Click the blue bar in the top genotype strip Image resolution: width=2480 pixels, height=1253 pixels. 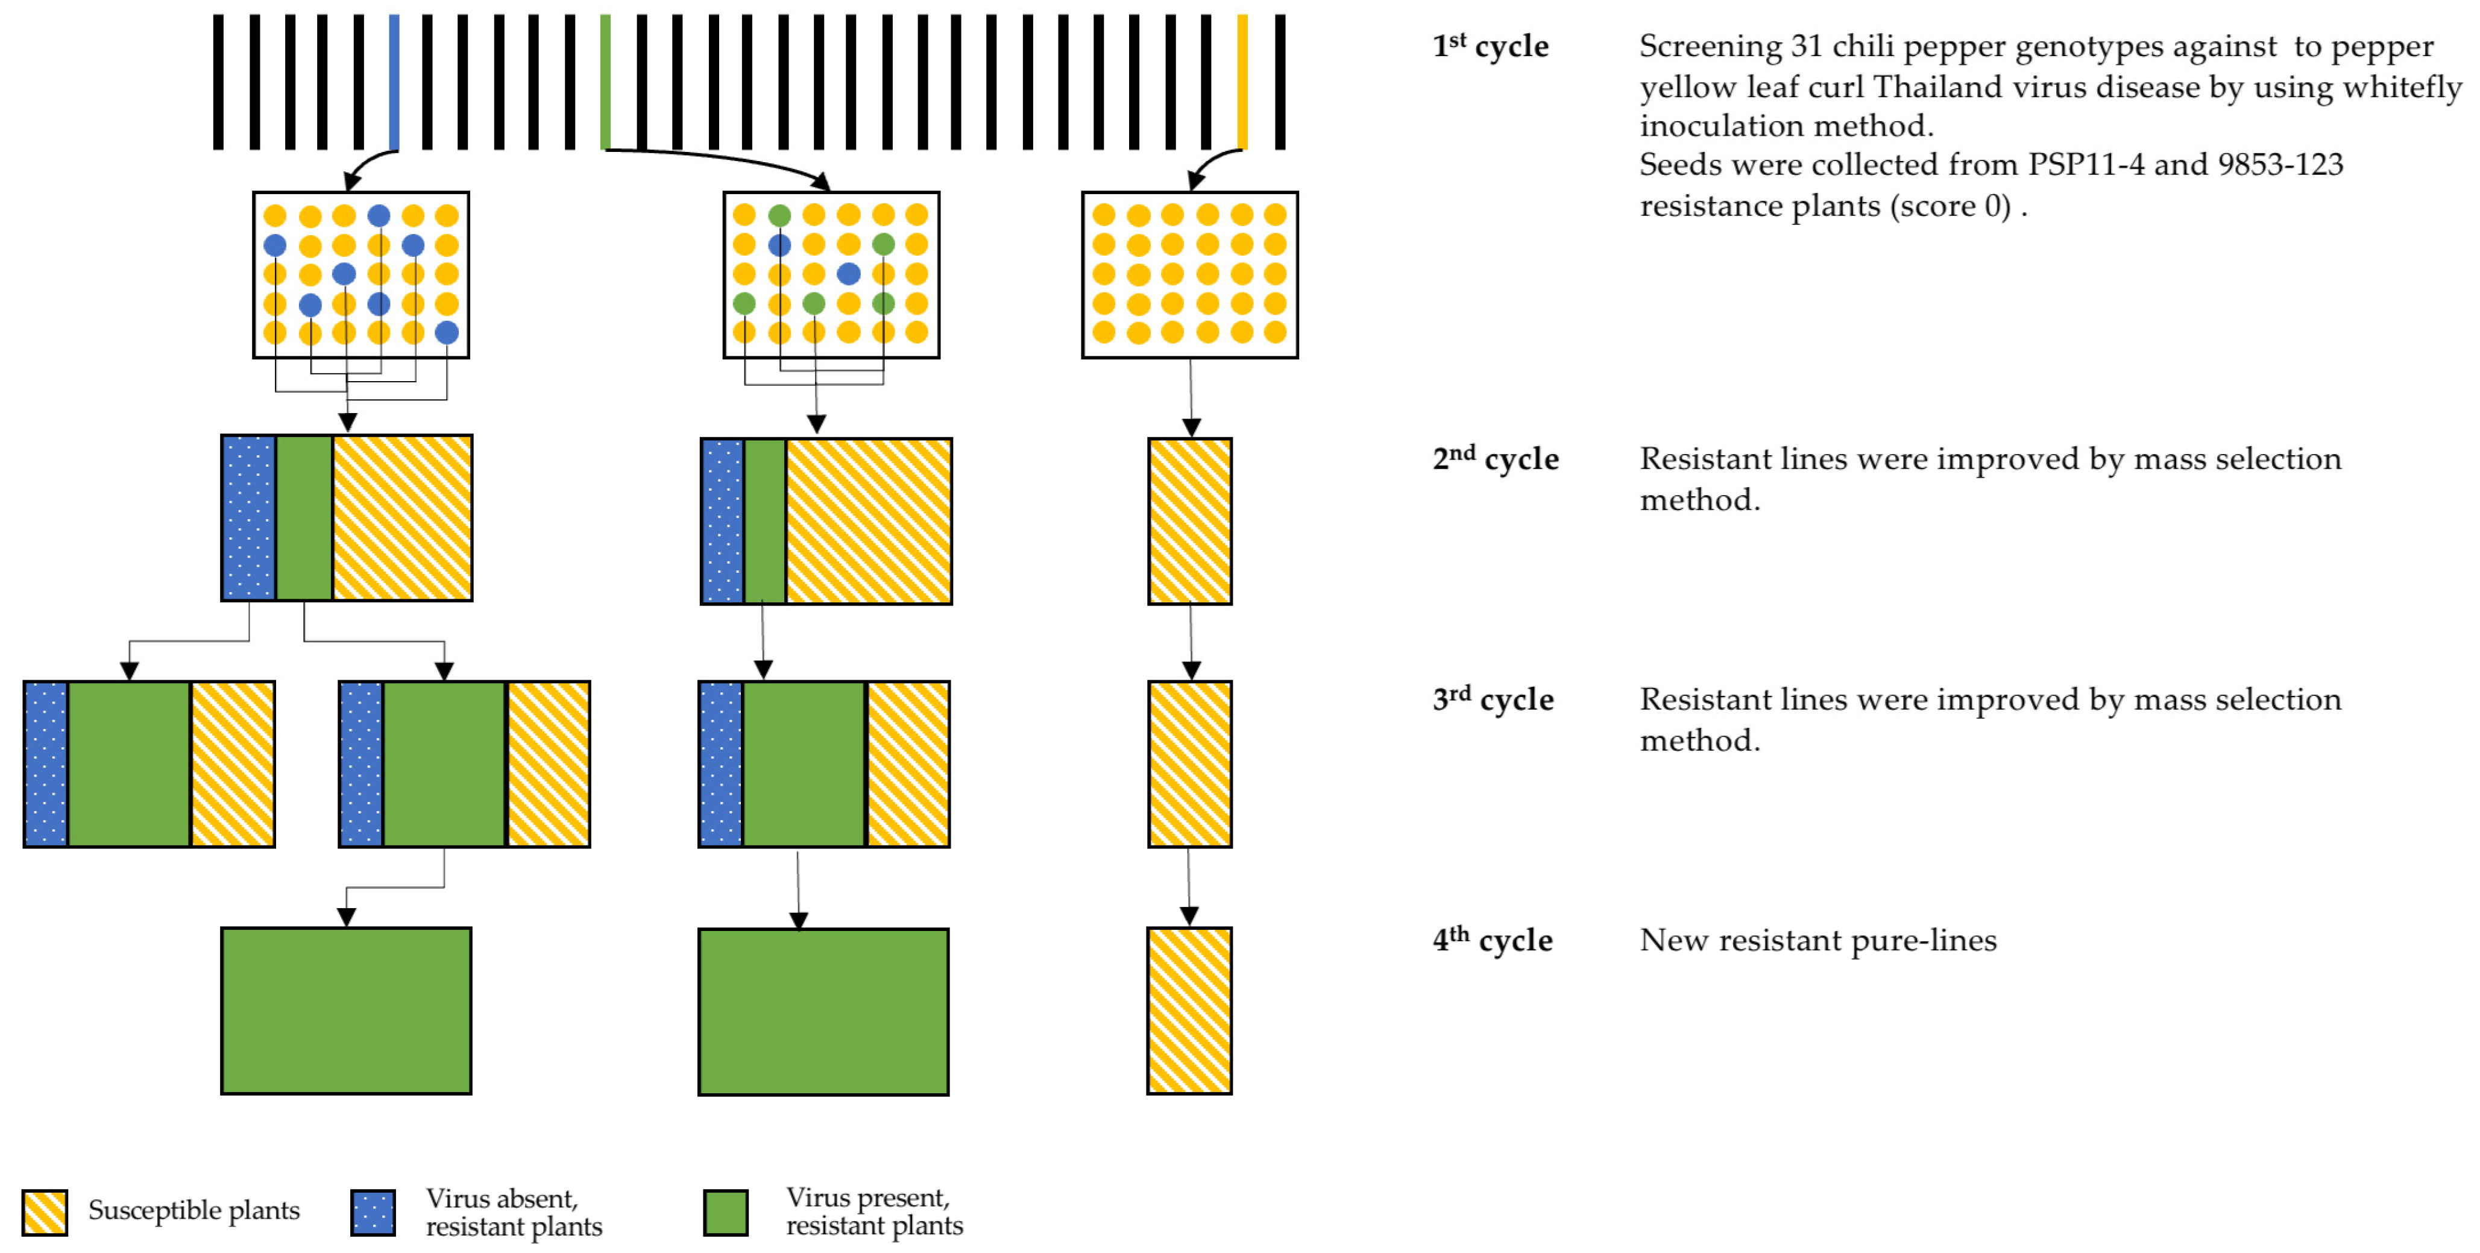[x=394, y=82]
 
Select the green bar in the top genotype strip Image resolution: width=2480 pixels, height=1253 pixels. [x=605, y=82]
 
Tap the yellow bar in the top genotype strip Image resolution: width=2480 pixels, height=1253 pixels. [x=1242, y=82]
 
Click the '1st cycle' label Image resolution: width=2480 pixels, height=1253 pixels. [x=1490, y=46]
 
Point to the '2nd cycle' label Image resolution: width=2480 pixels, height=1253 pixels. [x=1494, y=458]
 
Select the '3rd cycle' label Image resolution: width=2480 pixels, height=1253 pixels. [x=1492, y=699]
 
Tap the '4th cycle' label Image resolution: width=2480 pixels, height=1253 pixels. [x=1491, y=940]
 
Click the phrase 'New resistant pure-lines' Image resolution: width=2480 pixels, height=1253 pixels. [x=1818, y=940]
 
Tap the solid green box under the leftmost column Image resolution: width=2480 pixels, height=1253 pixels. [x=347, y=1010]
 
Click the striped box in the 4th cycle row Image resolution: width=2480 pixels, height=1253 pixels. [x=1189, y=1010]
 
